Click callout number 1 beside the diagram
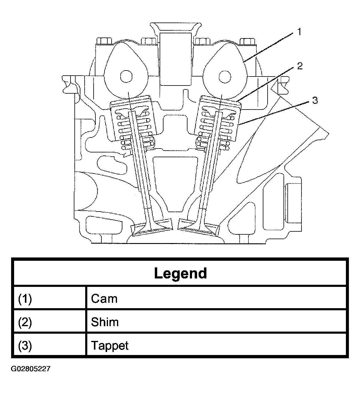tap(299, 32)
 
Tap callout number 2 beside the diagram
tap(300, 66)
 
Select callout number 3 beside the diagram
tap(315, 100)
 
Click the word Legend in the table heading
tap(180, 274)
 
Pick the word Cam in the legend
tap(104, 299)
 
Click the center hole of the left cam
tap(126, 77)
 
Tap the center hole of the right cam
tap(225, 77)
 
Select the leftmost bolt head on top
tap(104, 41)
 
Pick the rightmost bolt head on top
tap(247, 41)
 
